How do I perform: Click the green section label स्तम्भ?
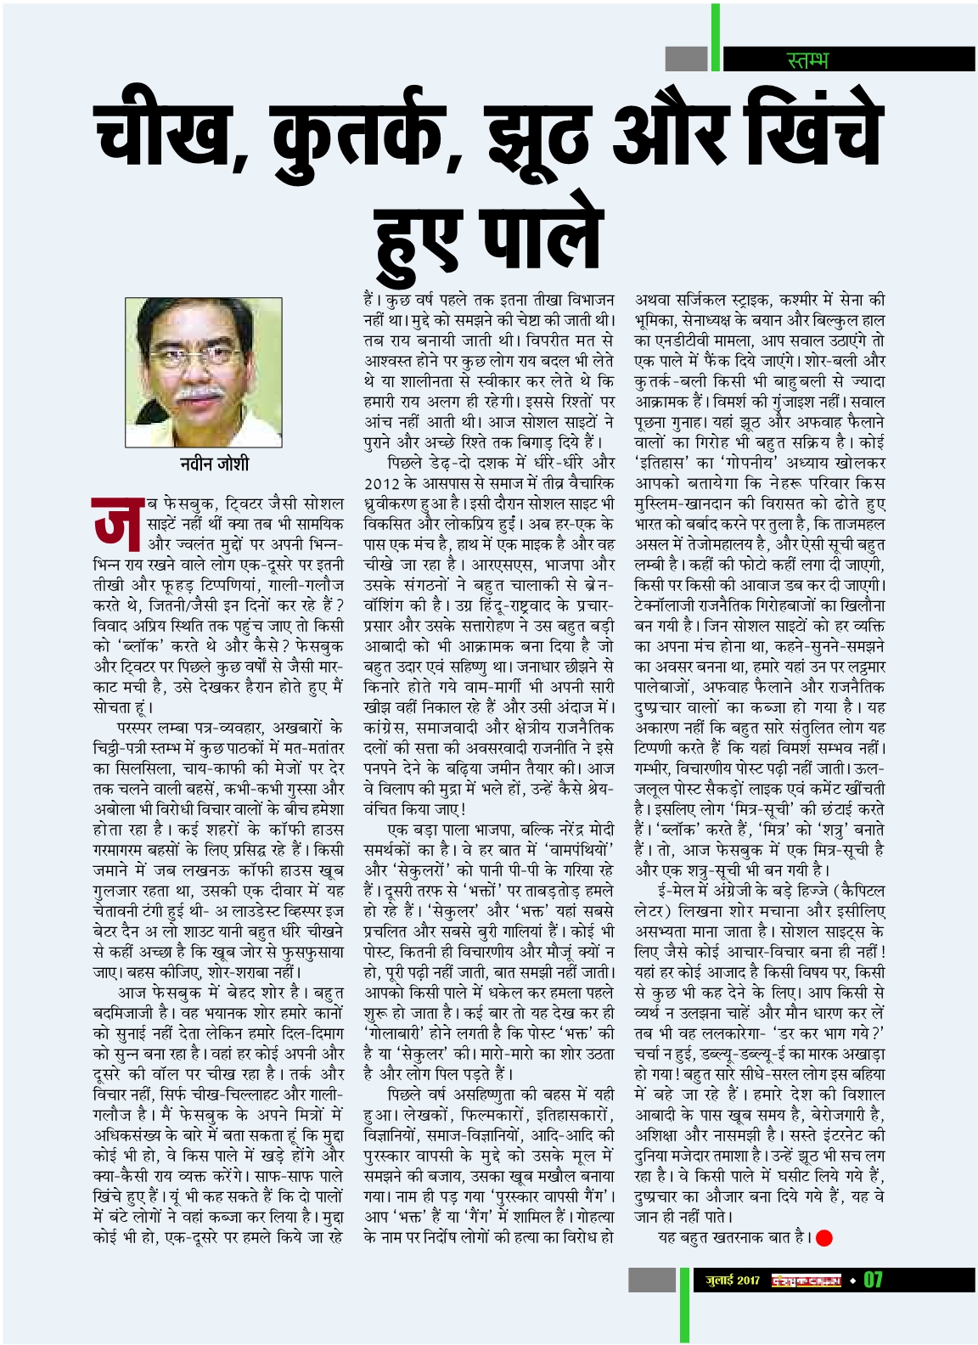click(807, 59)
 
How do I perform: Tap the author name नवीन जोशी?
click(214, 464)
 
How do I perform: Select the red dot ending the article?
click(823, 1238)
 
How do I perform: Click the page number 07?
click(873, 1279)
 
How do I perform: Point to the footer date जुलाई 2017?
click(733, 1280)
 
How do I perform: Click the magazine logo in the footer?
click(807, 1280)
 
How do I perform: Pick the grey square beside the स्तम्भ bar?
click(686, 59)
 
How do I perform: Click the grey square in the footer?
click(651, 1280)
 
